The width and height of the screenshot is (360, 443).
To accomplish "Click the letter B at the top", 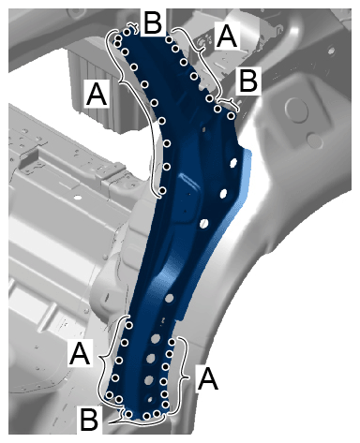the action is coord(153,22).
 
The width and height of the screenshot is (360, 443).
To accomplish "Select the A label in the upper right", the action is coord(227,37).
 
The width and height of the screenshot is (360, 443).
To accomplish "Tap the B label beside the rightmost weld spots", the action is coord(248,81).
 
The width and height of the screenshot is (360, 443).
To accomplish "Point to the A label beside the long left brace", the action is coord(97,94).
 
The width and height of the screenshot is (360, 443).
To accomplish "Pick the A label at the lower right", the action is coord(207,378).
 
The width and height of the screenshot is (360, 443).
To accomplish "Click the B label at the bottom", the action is coord(89,420).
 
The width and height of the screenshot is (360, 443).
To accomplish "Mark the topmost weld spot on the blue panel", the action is coord(127,32).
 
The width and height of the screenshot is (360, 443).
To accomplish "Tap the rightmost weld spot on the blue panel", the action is coord(231,116).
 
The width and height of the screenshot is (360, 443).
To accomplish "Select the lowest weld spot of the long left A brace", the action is coord(162,190).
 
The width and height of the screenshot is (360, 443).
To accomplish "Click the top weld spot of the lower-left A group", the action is coord(129,325).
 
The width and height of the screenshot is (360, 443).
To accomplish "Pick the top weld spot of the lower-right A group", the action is coord(172,343).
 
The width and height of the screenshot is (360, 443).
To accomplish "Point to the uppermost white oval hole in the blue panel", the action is coord(233,162).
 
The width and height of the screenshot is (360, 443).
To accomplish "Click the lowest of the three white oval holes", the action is coord(204,223).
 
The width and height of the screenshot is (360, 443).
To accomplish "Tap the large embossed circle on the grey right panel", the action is coord(296,109).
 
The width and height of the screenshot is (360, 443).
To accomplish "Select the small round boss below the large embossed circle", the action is coord(315,140).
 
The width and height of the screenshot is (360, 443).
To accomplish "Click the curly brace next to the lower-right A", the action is coord(184,377).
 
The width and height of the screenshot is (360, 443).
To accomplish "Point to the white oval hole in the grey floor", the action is coord(78,198).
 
